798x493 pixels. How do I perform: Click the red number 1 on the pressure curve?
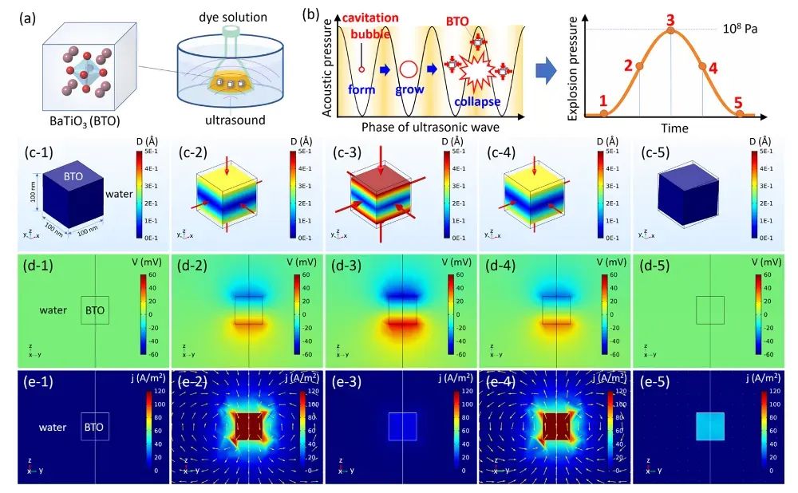[x=603, y=101]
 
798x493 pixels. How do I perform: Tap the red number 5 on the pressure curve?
[x=739, y=102]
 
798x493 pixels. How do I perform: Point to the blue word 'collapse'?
[x=477, y=102]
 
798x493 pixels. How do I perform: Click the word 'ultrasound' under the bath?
[x=229, y=120]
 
